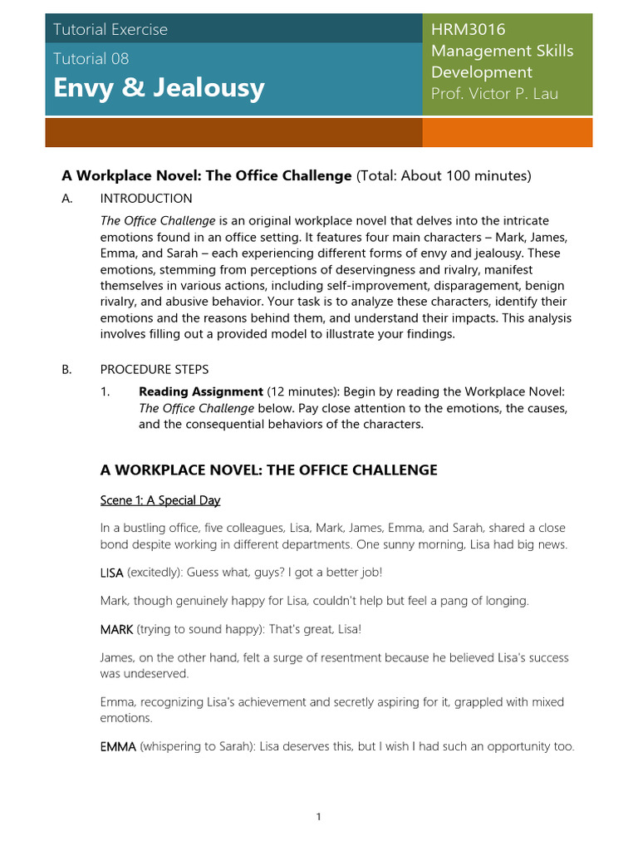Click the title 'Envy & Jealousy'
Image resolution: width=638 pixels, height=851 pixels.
(159, 88)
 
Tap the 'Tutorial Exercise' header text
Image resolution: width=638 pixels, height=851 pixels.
(110, 29)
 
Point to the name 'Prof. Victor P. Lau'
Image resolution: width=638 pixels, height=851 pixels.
(494, 93)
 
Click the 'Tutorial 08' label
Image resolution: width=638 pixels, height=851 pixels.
(91, 58)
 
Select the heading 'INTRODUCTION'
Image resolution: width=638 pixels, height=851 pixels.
(146, 199)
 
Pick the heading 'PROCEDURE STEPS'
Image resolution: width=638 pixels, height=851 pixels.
(155, 369)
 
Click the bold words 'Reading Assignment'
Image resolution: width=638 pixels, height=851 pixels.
(201, 391)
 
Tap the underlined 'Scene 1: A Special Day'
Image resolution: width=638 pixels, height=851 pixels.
(160, 500)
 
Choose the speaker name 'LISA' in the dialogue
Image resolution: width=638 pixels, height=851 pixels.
(112, 573)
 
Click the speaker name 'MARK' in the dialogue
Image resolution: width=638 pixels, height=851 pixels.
(116, 629)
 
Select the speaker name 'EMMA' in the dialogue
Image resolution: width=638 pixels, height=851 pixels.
(118, 746)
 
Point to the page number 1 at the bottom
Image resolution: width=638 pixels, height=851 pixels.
(318, 817)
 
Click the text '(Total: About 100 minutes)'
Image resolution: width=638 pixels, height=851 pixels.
(443, 176)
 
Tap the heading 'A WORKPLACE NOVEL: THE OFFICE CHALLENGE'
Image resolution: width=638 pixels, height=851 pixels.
(268, 470)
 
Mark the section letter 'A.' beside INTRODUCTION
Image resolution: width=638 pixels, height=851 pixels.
(67, 199)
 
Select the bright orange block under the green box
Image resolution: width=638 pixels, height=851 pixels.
(508, 133)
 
